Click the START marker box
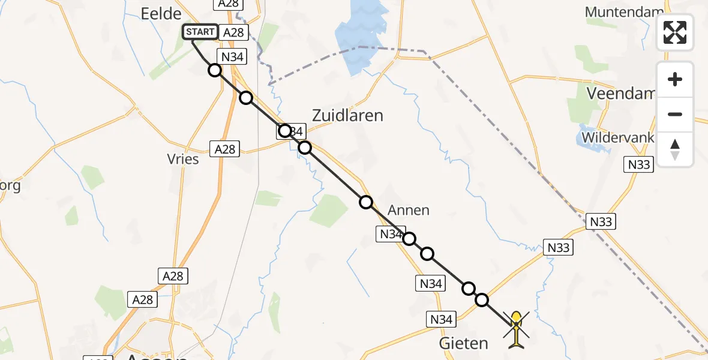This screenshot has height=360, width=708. pyautogui.click(x=200, y=32)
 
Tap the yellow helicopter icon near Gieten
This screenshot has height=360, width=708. pyautogui.click(x=516, y=328)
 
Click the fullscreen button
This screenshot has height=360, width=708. pyautogui.click(x=675, y=32)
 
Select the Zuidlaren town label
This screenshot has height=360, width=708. pyautogui.click(x=347, y=115)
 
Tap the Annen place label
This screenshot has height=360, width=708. pyautogui.click(x=409, y=210)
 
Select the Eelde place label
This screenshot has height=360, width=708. pyautogui.click(x=161, y=14)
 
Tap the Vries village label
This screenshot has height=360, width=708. pyautogui.click(x=183, y=160)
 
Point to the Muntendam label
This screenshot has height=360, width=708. pyautogui.click(x=624, y=12)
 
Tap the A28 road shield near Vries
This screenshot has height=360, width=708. pyautogui.click(x=225, y=149)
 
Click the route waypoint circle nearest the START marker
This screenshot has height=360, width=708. pyautogui.click(x=214, y=70)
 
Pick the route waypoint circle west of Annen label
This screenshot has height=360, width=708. pyautogui.click(x=366, y=202)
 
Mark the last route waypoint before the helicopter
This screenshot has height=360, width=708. pyautogui.click(x=482, y=300)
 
